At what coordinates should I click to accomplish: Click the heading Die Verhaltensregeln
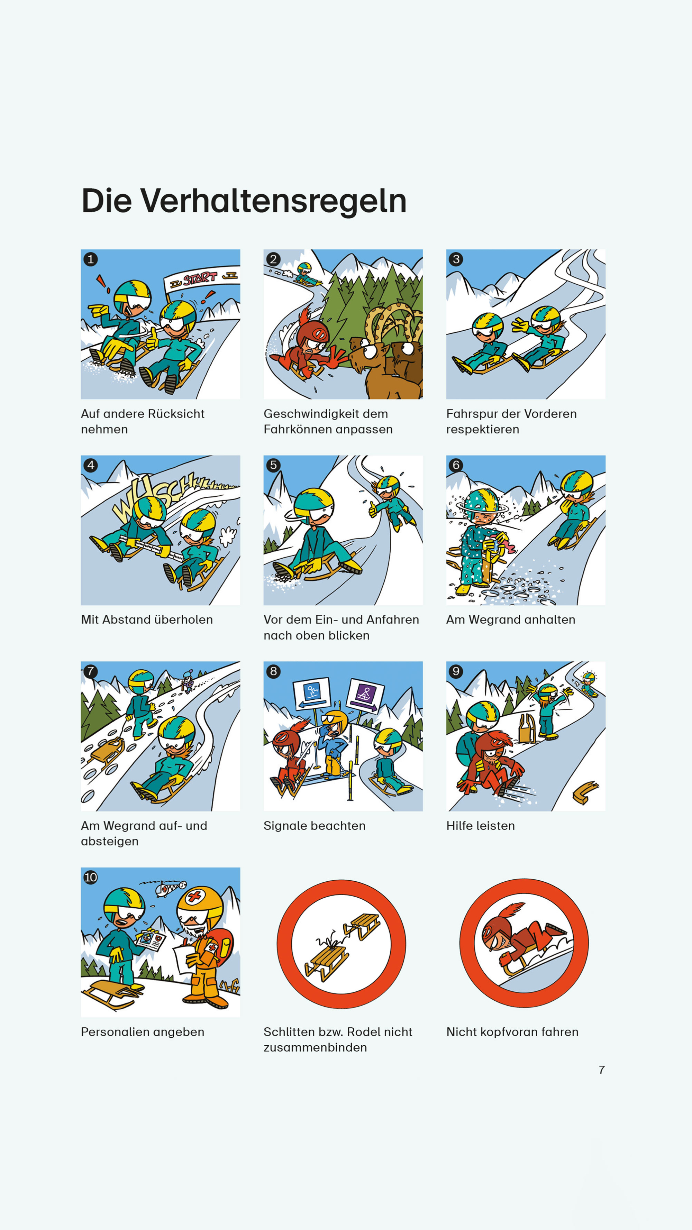pos(244,201)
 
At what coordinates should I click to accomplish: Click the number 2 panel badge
pos(273,259)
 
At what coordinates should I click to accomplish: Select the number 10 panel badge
pos(91,878)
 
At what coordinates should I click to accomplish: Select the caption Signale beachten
pos(314,826)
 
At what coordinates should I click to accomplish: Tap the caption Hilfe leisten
pos(481,826)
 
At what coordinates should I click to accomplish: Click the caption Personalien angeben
pos(142,1032)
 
